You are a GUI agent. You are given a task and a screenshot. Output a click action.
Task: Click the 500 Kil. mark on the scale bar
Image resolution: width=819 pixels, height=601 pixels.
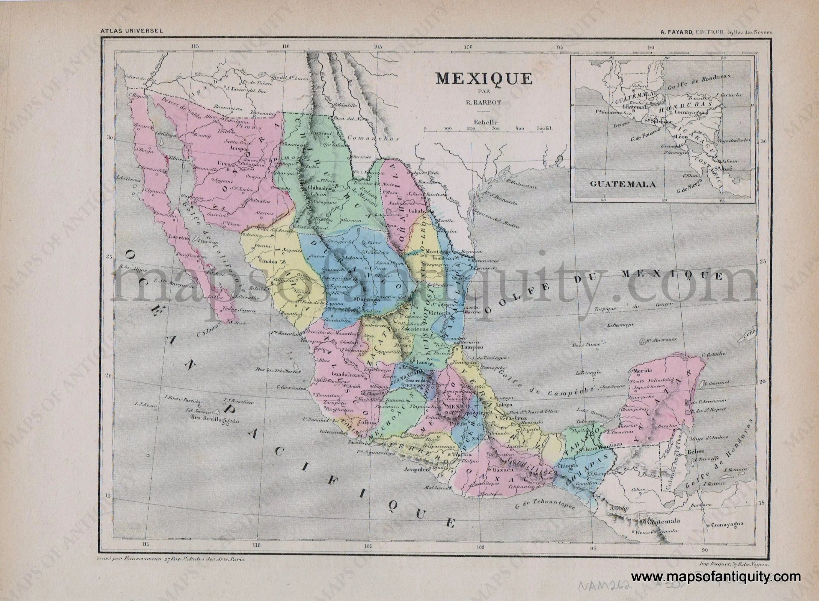[x=544, y=128]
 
